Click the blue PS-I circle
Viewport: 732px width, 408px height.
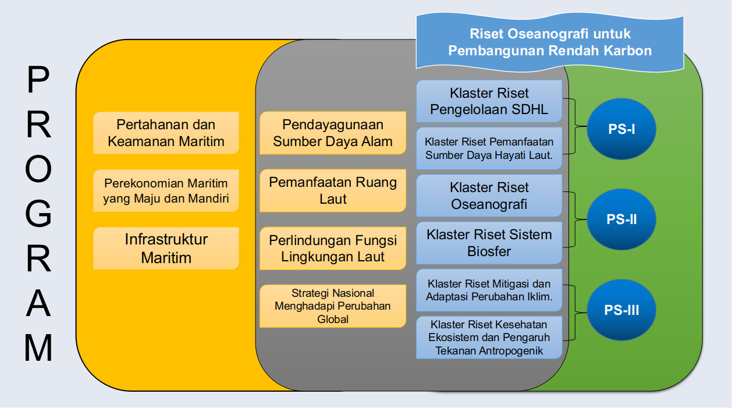click(621, 129)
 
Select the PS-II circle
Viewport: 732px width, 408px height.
click(621, 219)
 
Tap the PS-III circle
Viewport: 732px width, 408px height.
click(621, 310)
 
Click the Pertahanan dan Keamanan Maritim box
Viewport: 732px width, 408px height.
click(166, 133)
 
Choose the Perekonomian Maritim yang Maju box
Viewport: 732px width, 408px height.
click(166, 191)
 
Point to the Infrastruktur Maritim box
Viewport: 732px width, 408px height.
click(166, 248)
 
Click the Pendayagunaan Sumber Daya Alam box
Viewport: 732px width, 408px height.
click(333, 133)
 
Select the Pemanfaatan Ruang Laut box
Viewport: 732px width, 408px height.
click(333, 190)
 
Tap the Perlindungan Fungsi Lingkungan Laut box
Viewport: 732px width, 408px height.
click(333, 248)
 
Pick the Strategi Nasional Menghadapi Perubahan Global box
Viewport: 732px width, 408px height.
click(333, 306)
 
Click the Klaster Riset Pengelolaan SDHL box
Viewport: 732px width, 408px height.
click(489, 101)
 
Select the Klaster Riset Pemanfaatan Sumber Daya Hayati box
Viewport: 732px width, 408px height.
click(489, 148)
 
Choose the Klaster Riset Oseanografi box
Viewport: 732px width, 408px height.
click(489, 196)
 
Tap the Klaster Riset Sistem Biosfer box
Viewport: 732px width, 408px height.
click(489, 243)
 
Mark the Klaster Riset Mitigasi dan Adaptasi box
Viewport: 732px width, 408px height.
click(489, 290)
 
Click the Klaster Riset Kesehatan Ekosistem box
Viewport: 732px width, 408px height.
click(489, 337)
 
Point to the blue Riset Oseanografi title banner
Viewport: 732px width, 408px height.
click(549, 42)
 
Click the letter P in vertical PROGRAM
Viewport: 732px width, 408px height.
click(38, 81)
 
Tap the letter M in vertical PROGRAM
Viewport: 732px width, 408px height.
click(38, 348)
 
